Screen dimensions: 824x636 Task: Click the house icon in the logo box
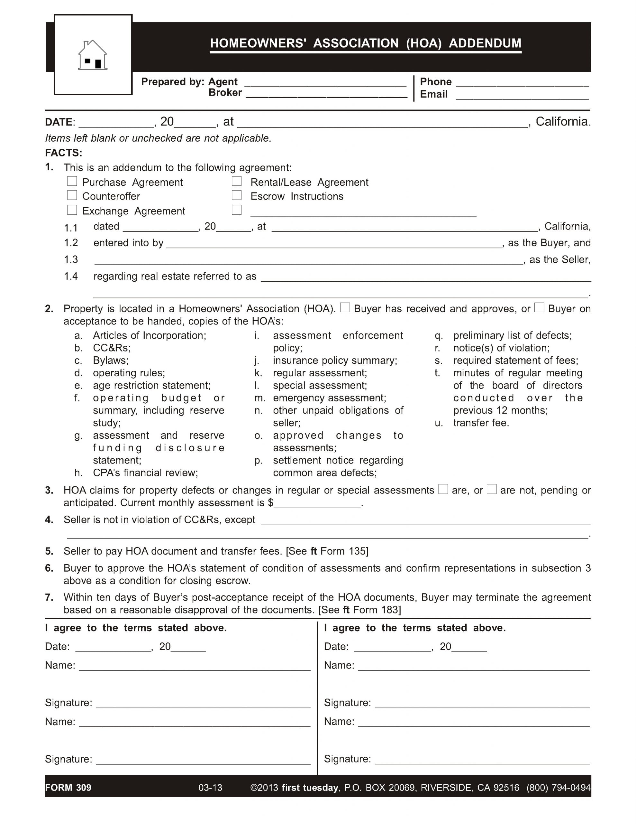(92, 55)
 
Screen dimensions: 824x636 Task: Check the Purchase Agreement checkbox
(72, 182)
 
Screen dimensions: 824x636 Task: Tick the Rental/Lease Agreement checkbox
(236, 182)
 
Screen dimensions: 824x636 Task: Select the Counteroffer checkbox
(72, 195)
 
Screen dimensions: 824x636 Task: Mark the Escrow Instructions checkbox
(236, 195)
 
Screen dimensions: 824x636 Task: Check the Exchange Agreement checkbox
(72, 210)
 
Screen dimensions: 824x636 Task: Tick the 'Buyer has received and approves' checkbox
(345, 307)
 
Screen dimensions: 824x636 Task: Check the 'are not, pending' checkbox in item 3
(491, 489)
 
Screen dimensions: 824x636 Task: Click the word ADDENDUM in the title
(485, 43)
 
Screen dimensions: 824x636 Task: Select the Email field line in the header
(522, 96)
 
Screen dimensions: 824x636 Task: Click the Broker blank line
(326, 94)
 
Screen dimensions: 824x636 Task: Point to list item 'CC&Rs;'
(112, 348)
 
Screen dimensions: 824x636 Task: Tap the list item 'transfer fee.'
(481, 423)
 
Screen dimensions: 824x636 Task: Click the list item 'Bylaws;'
(111, 360)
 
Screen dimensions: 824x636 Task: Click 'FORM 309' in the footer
(68, 787)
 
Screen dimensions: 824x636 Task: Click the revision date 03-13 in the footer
(210, 787)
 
